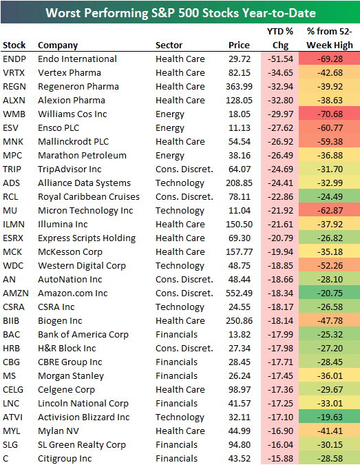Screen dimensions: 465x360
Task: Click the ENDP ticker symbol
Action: click(x=14, y=59)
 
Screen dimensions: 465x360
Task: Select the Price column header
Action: click(x=240, y=45)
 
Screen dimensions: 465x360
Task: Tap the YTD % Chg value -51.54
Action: click(x=279, y=59)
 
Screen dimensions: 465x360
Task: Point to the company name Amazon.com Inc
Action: click(x=73, y=293)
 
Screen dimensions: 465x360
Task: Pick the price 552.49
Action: click(x=238, y=293)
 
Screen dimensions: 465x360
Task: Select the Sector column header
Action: click(x=169, y=45)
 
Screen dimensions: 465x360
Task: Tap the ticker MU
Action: click(x=10, y=211)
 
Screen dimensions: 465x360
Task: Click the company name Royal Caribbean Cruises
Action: click(x=89, y=197)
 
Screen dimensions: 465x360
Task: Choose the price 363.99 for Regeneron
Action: click(x=238, y=87)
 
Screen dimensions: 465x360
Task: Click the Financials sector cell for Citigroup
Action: click(x=176, y=459)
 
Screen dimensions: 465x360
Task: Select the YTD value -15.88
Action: click(x=279, y=459)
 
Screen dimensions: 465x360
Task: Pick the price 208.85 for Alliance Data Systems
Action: click(x=238, y=183)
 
